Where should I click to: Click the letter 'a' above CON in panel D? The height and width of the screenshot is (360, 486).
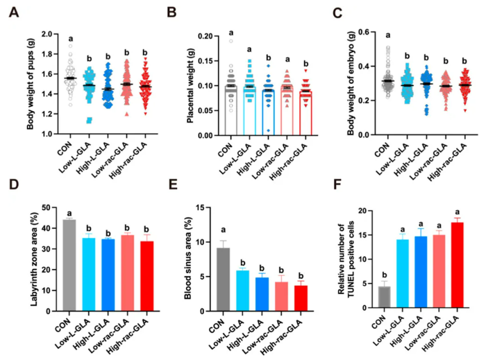pyautogui.click(x=69, y=214)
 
